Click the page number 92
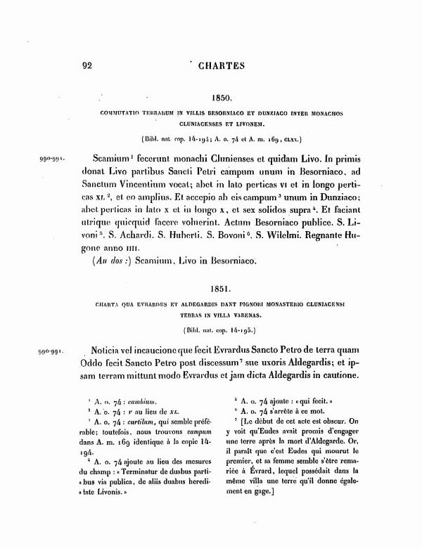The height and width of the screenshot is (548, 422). tap(88, 67)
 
